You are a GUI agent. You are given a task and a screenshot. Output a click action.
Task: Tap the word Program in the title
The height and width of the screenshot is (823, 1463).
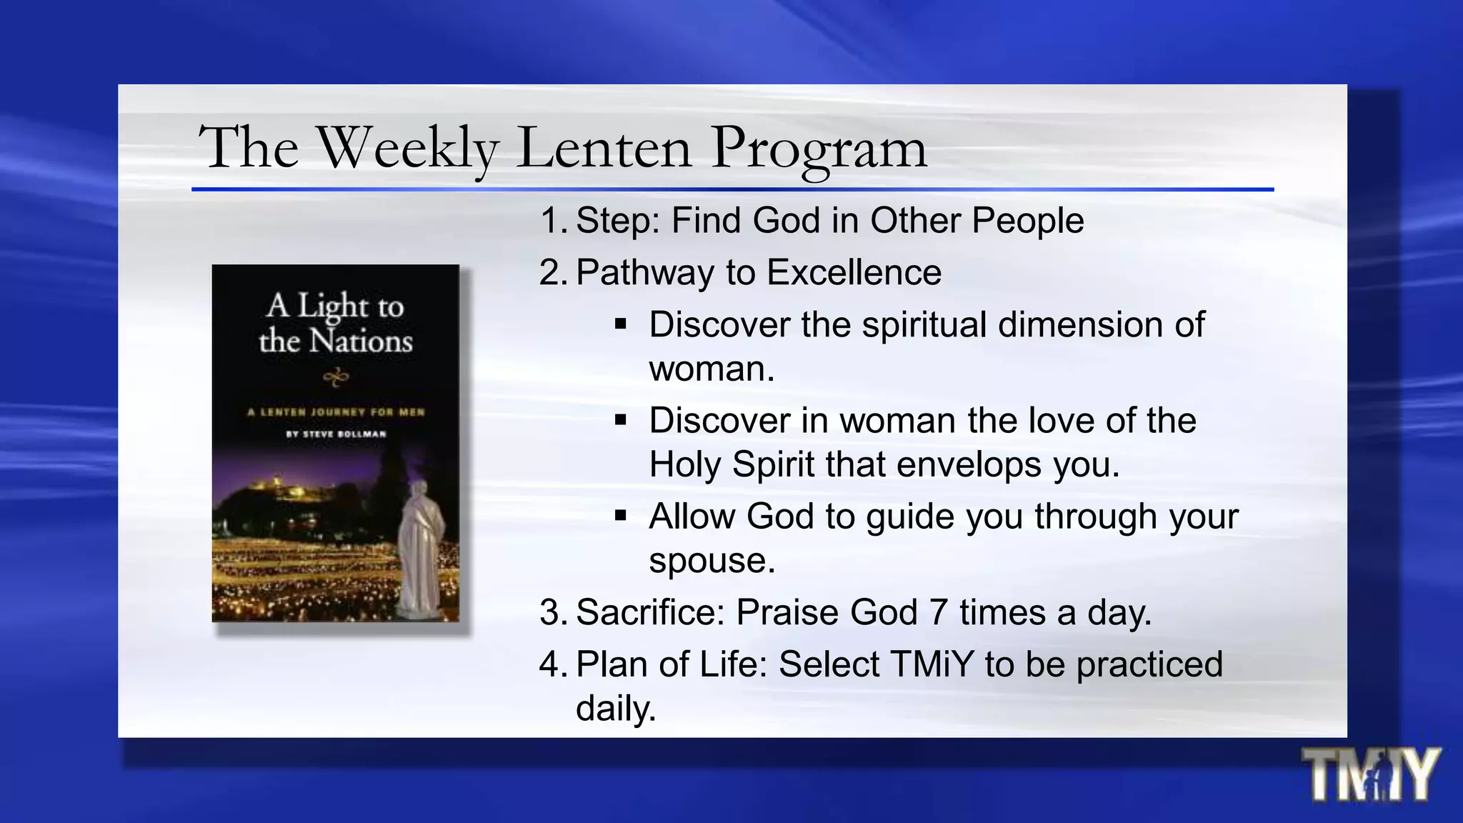(x=819, y=149)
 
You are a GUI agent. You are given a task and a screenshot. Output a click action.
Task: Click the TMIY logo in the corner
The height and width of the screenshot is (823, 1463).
(x=1370, y=774)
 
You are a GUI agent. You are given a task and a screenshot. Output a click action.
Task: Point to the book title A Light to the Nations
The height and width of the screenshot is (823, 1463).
(x=336, y=323)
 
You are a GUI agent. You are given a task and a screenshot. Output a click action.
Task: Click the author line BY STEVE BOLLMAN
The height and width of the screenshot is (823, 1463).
(x=336, y=434)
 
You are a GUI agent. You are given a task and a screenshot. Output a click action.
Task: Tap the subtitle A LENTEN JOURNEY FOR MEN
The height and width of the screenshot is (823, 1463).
(x=336, y=412)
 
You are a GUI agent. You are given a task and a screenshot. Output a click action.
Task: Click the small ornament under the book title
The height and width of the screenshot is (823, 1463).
(x=336, y=377)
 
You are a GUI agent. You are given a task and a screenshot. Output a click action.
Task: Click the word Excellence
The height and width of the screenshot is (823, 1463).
(x=854, y=273)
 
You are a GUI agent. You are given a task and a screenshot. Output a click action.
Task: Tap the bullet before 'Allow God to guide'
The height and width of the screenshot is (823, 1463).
(x=620, y=515)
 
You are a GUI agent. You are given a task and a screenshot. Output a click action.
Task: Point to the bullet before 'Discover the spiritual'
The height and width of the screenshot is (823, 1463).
(x=620, y=324)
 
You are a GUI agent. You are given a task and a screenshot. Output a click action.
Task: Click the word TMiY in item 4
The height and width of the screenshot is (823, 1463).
(x=932, y=664)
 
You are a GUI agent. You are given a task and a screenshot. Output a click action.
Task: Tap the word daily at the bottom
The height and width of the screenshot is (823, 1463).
(x=615, y=709)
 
